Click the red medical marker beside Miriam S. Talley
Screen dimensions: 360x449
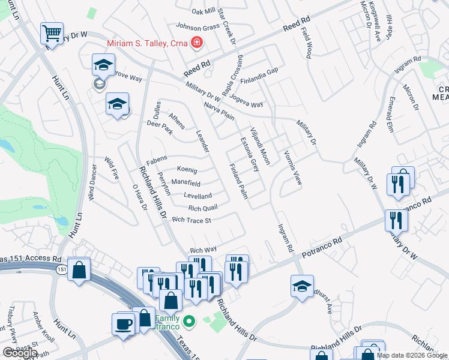196,43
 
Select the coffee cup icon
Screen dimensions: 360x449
124,324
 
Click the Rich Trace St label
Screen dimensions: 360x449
192,220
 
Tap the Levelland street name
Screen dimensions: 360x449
197,196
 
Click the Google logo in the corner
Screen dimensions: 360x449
19,352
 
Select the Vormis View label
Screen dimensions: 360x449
292,168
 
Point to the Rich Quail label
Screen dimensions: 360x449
202,208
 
